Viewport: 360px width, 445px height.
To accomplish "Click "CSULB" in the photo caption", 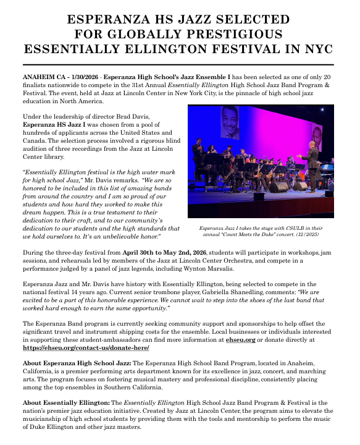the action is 295,228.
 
